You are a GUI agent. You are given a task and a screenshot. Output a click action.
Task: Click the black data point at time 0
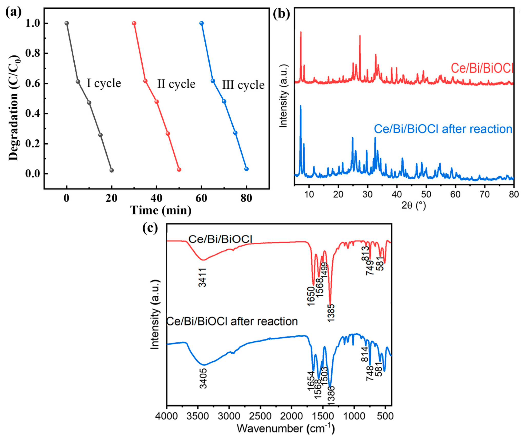[67, 23]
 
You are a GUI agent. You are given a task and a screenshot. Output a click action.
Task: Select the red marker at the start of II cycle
[134, 23]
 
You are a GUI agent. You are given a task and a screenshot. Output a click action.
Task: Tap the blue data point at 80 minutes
[246, 169]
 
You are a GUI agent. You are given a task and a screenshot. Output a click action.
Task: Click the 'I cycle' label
[104, 83]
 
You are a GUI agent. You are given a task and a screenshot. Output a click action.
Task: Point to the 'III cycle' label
[243, 85]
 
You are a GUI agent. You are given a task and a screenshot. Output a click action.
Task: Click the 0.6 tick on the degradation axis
[33, 83]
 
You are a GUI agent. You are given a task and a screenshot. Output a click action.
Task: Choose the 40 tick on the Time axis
[156, 198]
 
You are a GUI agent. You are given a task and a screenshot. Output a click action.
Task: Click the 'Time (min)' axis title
[161, 210]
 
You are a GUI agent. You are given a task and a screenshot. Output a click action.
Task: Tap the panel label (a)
[13, 12]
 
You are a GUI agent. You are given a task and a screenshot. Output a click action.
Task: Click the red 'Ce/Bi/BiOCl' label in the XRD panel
[482, 68]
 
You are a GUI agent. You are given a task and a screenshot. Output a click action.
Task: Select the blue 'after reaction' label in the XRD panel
[443, 129]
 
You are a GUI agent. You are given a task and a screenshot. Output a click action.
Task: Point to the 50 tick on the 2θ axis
[426, 194]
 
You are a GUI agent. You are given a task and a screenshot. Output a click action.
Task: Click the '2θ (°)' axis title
[414, 205]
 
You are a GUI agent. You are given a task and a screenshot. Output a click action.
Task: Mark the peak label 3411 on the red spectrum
[203, 277]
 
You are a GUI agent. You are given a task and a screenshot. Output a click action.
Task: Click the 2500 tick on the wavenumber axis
[260, 416]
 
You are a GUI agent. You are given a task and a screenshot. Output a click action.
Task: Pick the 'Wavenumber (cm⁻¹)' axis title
[285, 429]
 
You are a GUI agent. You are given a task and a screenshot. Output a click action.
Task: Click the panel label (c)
[150, 228]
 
